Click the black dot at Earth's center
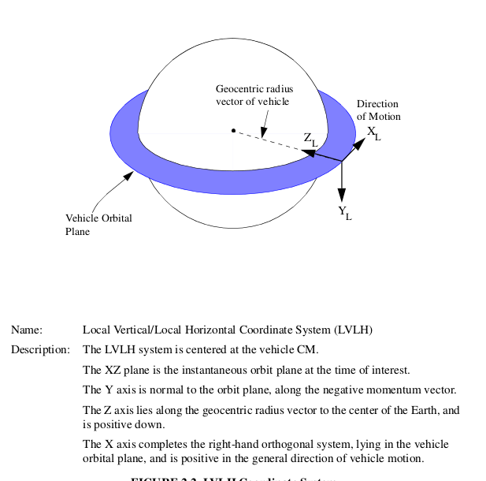click(x=233, y=130)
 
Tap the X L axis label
click(x=373, y=132)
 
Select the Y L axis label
click(x=344, y=212)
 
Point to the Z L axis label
click(x=310, y=139)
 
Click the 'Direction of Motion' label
click(x=378, y=110)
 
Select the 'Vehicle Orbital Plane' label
click(x=98, y=225)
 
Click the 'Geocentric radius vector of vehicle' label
click(x=254, y=95)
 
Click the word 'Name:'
click(x=26, y=330)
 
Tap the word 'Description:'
click(x=41, y=349)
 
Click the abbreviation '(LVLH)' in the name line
click(x=353, y=330)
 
